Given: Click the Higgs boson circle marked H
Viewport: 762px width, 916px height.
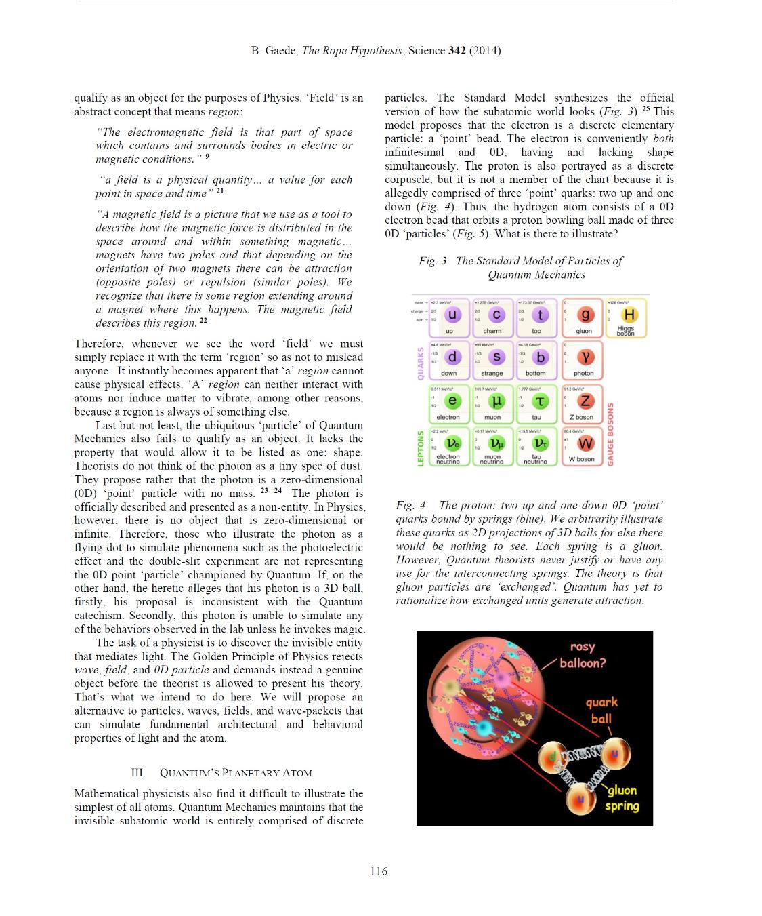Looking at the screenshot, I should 629,315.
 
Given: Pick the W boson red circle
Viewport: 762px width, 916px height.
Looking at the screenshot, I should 585,443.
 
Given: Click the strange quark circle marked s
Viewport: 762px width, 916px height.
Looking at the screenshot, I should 496,357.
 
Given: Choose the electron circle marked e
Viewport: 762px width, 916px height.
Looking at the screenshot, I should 452,401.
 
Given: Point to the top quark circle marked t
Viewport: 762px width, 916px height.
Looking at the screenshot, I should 540,315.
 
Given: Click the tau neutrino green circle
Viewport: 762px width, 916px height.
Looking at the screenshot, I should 540,443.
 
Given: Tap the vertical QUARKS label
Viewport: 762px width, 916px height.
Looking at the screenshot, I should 420,363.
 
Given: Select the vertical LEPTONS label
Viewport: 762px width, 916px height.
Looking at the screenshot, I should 420,448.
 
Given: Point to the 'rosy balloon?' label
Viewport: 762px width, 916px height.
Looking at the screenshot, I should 582,655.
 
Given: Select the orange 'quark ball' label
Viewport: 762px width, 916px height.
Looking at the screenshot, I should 601,710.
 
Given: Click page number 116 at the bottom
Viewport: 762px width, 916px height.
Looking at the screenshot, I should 379,871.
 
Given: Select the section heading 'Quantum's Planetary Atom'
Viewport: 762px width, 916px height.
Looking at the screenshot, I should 236,772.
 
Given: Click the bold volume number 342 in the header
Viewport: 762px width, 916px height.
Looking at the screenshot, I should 457,51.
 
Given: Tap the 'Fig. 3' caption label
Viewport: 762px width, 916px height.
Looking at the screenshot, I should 433,261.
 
